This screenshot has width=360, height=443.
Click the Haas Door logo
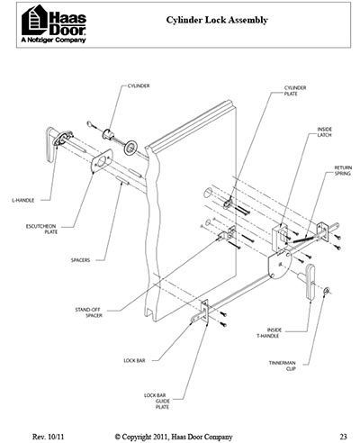pos(54,24)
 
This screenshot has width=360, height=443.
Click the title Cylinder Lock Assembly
pos(217,20)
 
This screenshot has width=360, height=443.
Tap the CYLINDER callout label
pos(139,86)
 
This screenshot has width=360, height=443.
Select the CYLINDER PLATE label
pos(295,91)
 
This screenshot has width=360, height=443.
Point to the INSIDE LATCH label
pos(325,132)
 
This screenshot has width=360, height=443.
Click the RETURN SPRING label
pos(343,170)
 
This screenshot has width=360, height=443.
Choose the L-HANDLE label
pos(23,200)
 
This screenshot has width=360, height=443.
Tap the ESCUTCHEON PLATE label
pos(41,229)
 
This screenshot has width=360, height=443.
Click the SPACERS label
pos(80,260)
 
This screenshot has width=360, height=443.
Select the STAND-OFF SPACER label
pos(89,312)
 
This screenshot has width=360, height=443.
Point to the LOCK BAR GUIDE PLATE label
pos(157,402)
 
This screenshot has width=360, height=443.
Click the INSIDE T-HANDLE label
pos(269,333)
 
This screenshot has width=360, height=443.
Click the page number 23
pos(344,437)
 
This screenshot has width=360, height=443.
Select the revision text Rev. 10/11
pos(48,437)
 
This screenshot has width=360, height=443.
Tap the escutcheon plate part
pos(102,161)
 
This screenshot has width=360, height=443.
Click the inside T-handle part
pos(310,282)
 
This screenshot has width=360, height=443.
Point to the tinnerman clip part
pos(326,291)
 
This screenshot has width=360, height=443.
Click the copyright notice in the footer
pos(174,437)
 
